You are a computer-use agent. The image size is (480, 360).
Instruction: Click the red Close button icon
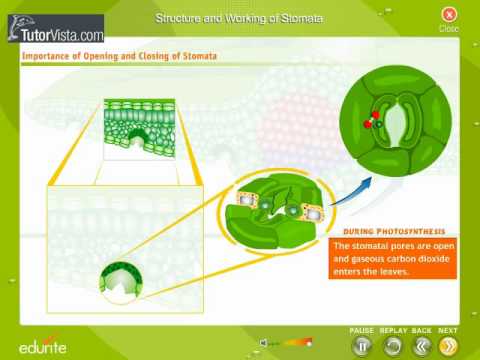pyautogui.click(x=449, y=14)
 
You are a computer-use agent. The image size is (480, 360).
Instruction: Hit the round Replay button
pyautogui.click(x=392, y=346)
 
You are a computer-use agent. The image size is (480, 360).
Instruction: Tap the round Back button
pyautogui.click(x=421, y=346)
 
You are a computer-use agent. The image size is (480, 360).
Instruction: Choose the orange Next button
pyautogui.click(x=449, y=346)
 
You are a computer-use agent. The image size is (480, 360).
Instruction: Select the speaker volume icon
pyautogui.click(x=263, y=342)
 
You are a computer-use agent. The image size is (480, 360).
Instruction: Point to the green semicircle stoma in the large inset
pyautogui.click(x=120, y=284)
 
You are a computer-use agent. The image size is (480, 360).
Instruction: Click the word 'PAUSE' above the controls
pyautogui.click(x=362, y=330)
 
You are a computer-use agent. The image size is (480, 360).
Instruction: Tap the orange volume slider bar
pyautogui.click(x=295, y=342)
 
